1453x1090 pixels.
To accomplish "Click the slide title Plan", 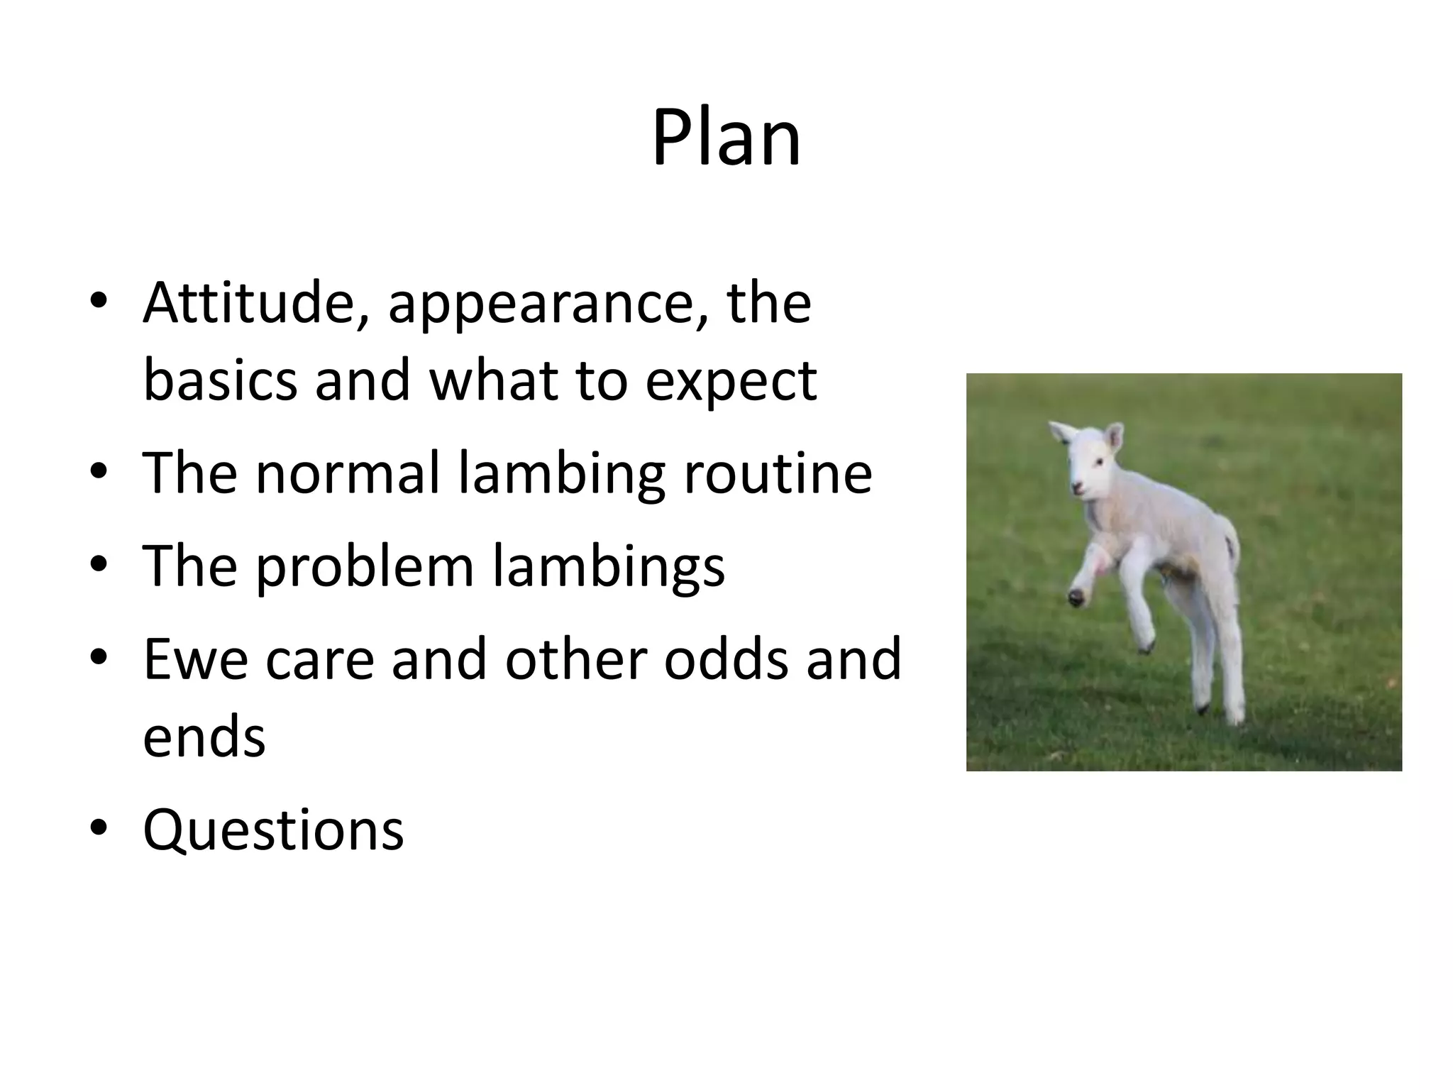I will click(x=726, y=138).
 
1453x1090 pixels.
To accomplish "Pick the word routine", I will click(x=778, y=474).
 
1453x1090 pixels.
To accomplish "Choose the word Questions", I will click(x=273, y=830).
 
